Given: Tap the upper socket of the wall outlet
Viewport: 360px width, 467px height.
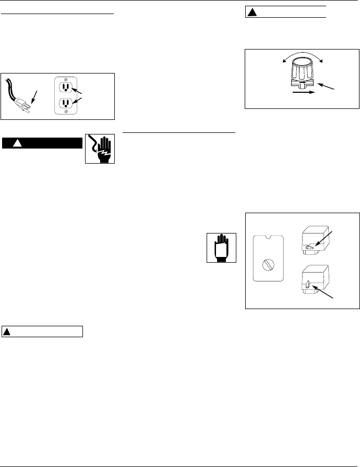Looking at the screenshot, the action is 66,87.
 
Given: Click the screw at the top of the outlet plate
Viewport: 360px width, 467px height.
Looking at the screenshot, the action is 66,78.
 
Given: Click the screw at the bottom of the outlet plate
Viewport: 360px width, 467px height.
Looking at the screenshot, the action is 66,111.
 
